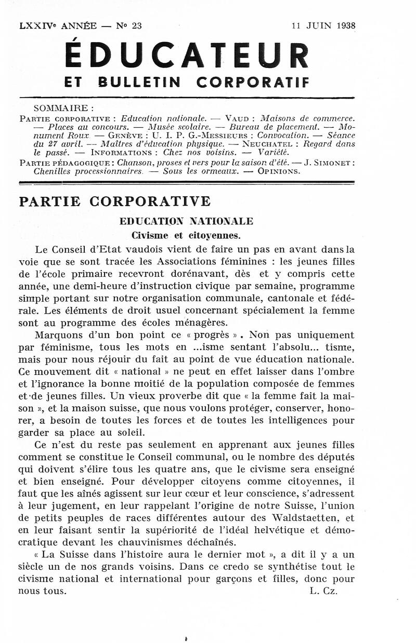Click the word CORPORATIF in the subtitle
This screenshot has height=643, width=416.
click(x=253, y=82)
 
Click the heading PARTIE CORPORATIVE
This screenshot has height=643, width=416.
click(x=115, y=202)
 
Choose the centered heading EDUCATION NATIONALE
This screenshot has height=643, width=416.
click(x=186, y=221)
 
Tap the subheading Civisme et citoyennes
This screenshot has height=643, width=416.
click(x=186, y=235)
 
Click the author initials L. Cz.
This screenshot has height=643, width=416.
click(x=323, y=591)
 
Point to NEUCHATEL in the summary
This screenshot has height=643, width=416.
click(x=263, y=144)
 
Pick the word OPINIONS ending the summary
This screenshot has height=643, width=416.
click(x=279, y=171)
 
